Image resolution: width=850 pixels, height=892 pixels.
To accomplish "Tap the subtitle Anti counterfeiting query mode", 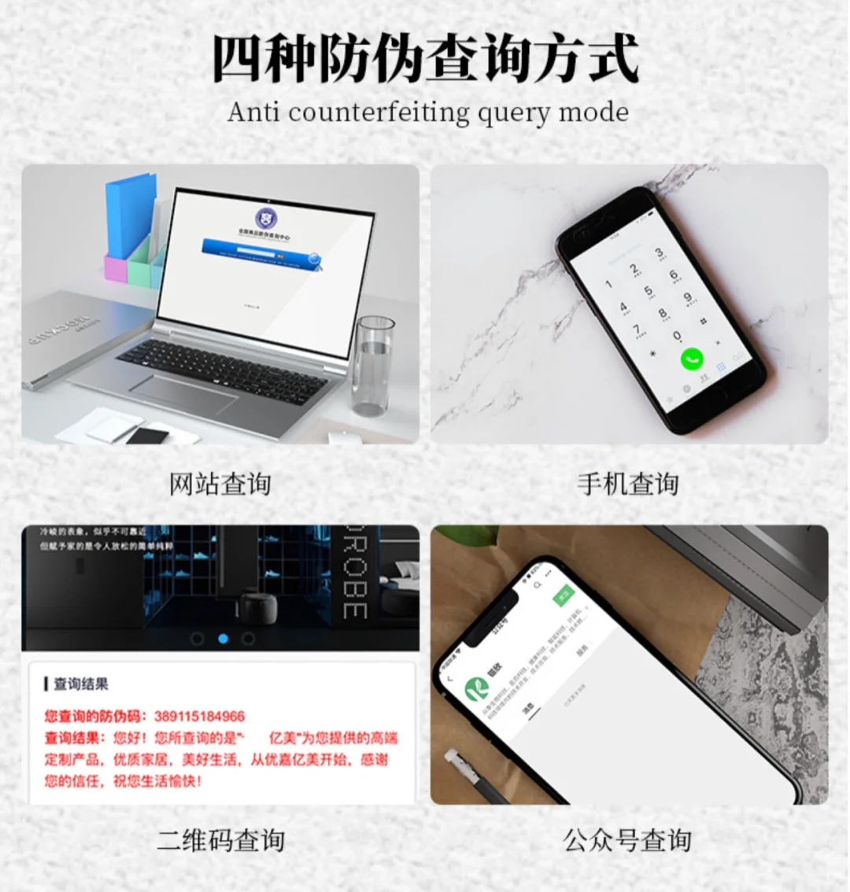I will point(428,112).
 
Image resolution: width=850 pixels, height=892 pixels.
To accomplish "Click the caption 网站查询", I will point(220,484).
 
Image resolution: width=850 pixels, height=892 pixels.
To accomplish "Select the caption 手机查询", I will point(627,484).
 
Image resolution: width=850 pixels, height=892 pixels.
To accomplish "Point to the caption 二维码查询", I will point(220,840).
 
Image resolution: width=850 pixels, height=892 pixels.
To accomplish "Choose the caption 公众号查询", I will point(627,840).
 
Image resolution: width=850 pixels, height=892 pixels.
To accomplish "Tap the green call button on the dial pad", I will point(692,359).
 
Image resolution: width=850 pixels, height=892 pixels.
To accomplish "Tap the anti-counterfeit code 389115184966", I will point(199,716).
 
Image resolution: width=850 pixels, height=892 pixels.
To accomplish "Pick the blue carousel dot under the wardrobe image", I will point(223,638).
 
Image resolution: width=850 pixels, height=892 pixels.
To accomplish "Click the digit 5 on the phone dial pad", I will point(649,291).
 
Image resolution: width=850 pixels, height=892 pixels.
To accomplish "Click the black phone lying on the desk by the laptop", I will point(147,435).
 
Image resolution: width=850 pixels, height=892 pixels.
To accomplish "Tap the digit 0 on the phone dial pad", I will point(677,336).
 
